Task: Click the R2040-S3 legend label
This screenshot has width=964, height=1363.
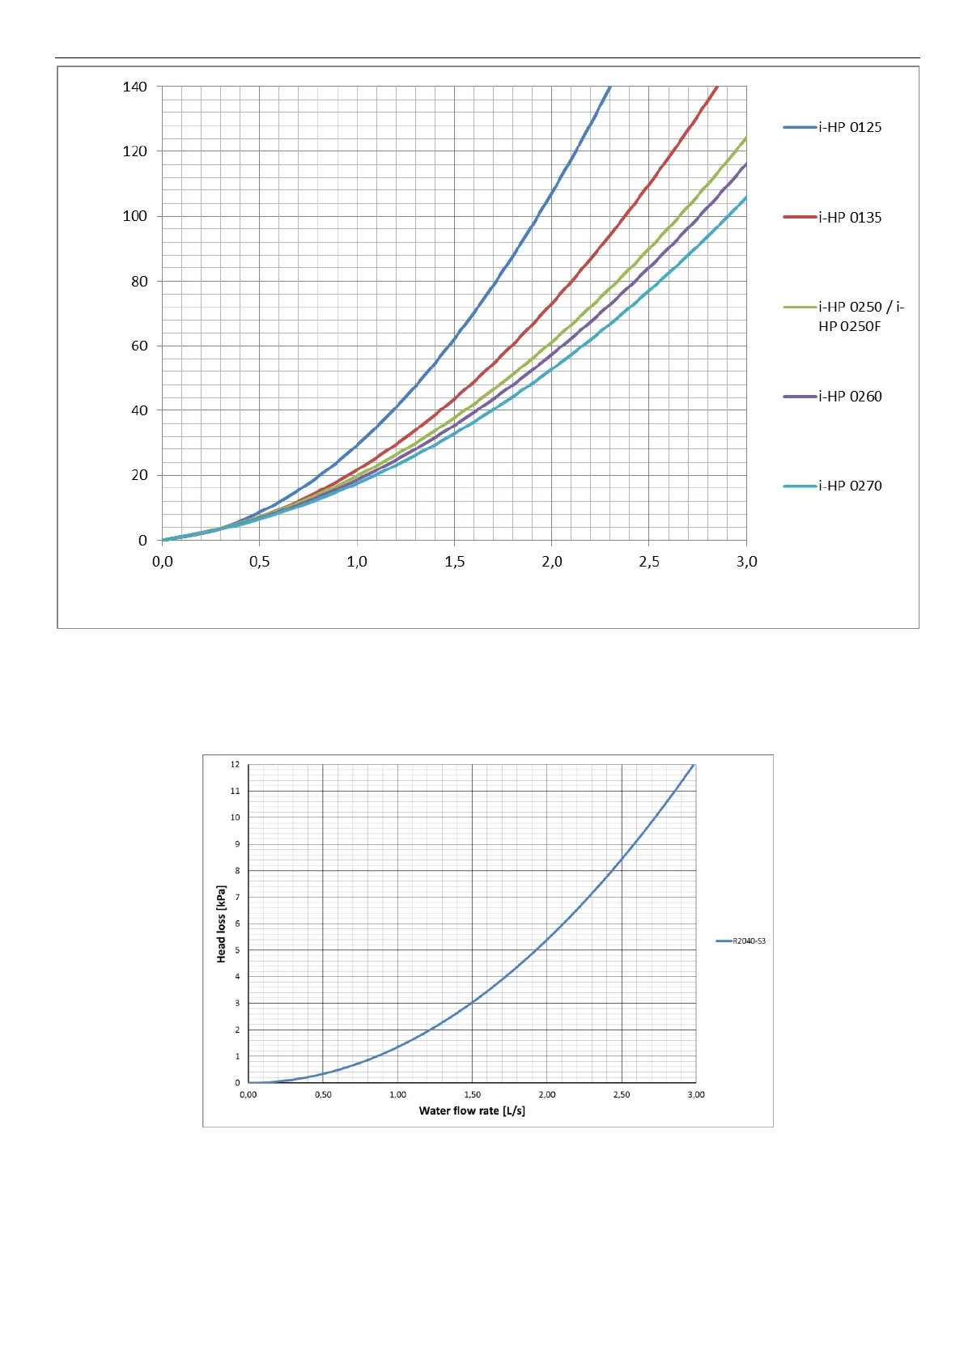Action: pyautogui.click(x=749, y=941)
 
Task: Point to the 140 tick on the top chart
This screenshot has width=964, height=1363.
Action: pyautogui.click(x=134, y=87)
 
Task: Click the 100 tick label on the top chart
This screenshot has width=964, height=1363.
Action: pyautogui.click(x=134, y=216)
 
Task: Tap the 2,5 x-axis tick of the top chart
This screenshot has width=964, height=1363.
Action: pyautogui.click(x=649, y=562)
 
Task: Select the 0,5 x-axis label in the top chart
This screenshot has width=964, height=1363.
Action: pyautogui.click(x=259, y=562)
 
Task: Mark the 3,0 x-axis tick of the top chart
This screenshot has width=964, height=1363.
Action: pyautogui.click(x=746, y=562)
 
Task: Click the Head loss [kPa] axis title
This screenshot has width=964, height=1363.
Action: pyautogui.click(x=221, y=924)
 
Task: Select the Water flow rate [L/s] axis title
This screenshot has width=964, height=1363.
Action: pyautogui.click(x=472, y=1110)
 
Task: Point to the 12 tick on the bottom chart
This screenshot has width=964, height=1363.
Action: pyautogui.click(x=235, y=764)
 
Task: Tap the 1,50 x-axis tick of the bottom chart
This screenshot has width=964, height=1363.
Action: pyautogui.click(x=472, y=1094)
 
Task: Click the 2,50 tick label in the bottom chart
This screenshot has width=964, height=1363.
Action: pyautogui.click(x=621, y=1094)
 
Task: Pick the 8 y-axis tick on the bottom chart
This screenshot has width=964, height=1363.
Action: pyautogui.click(x=237, y=871)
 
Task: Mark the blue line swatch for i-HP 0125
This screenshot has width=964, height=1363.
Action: pyautogui.click(x=799, y=127)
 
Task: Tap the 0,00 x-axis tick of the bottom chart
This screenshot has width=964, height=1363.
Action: pyautogui.click(x=248, y=1094)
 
